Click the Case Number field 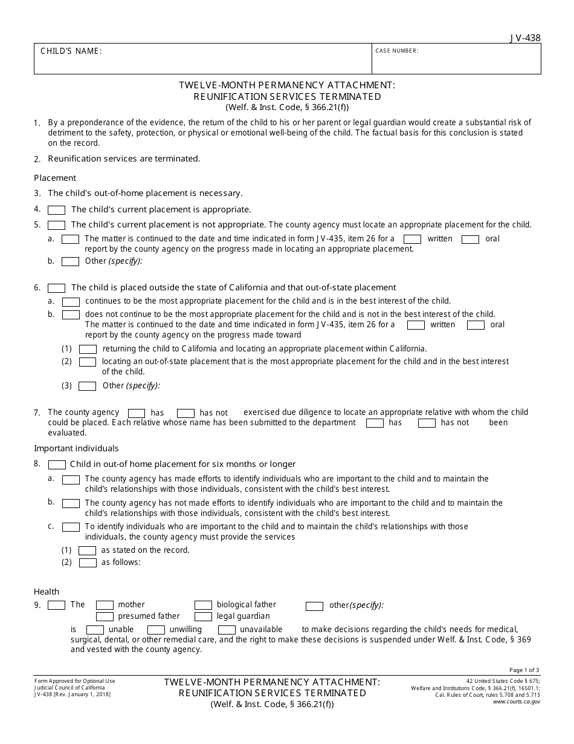[x=456, y=62]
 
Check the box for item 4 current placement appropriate [x=57, y=210]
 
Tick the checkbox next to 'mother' [x=105, y=605]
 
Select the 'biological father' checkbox [x=203, y=605]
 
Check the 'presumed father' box [x=105, y=616]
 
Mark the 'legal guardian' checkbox [x=203, y=616]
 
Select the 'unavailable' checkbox [x=227, y=630]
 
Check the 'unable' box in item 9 [x=95, y=630]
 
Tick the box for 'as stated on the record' [x=88, y=550]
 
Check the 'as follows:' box [x=88, y=563]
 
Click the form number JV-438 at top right [x=525, y=38]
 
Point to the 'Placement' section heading [x=55, y=178]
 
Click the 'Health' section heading [x=47, y=592]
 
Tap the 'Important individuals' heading [x=76, y=448]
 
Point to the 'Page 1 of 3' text [x=524, y=670]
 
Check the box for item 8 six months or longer [x=57, y=465]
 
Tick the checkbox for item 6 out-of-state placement [x=57, y=288]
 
